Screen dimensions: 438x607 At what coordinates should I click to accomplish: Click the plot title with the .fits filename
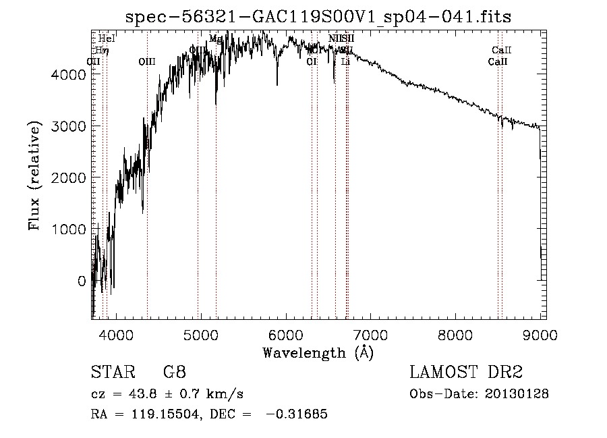point(318,17)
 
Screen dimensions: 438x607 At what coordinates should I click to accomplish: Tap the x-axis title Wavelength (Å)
point(318,352)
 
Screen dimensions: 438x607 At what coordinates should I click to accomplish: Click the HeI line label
point(107,38)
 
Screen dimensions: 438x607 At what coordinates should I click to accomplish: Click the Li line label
point(345,61)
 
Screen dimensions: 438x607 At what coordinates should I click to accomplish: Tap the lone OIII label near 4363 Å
point(146,61)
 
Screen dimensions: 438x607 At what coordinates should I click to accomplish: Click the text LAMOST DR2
point(466,373)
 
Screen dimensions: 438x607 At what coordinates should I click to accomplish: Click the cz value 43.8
point(146,394)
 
